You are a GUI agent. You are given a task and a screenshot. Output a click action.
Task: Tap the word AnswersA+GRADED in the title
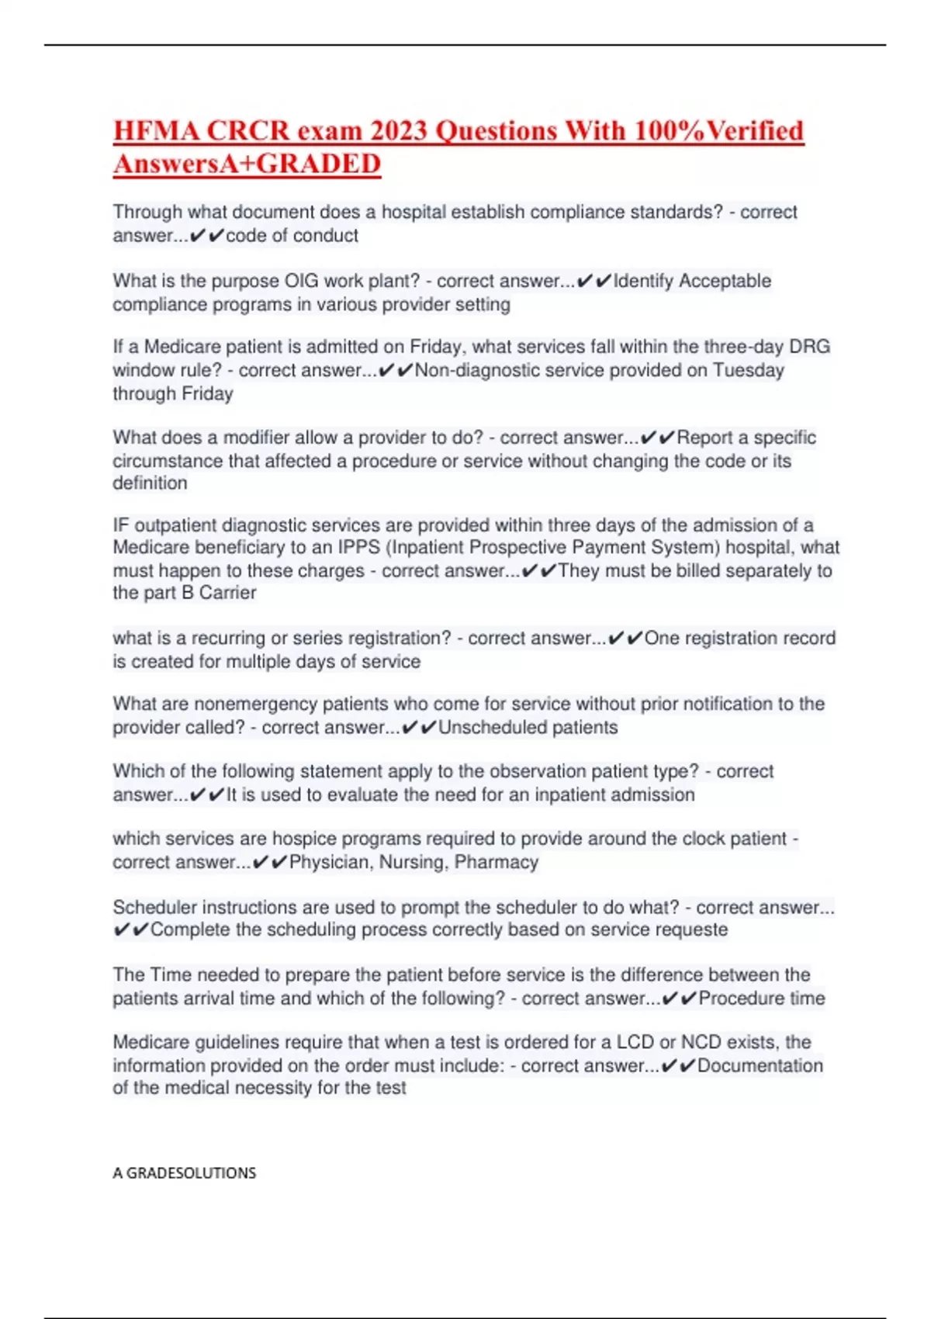pos(247,164)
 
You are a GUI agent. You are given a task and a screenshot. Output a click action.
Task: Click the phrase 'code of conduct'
pos(292,236)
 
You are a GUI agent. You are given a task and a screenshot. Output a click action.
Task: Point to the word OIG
pos(302,281)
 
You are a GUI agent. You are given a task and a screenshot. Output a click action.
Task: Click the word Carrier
pos(227,593)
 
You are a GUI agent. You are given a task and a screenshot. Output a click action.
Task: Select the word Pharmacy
pos(497,862)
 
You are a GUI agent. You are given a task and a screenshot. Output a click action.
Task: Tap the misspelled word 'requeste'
pos(694,930)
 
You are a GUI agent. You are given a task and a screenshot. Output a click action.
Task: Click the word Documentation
pos(760,1066)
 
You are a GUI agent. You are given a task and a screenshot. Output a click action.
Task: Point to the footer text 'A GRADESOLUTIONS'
pos(184,1173)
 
